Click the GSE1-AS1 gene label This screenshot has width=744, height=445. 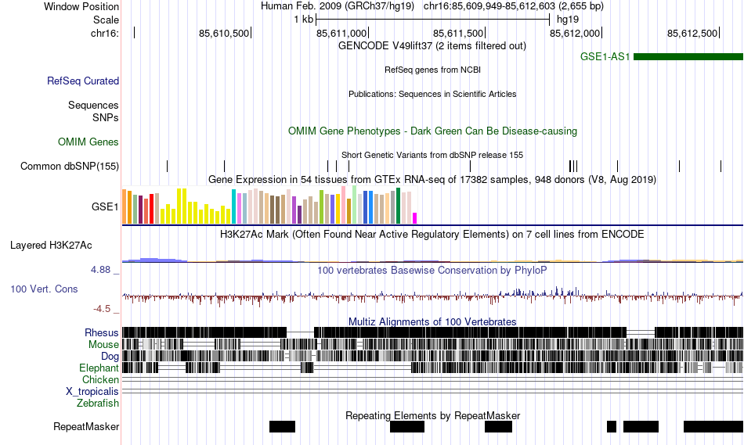click(605, 57)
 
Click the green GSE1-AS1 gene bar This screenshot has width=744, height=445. click(688, 57)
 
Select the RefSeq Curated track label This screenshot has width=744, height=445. click(83, 81)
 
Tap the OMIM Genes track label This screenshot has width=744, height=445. click(88, 142)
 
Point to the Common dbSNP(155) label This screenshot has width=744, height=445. click(70, 166)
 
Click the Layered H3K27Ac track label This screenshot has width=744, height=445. click(51, 245)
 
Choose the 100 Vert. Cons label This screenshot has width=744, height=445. click(44, 289)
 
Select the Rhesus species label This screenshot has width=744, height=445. click(102, 332)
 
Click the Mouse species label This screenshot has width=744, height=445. click(104, 344)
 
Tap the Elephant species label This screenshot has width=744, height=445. click(99, 368)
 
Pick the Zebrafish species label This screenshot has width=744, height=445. click(98, 404)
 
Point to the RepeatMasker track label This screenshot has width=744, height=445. click(86, 427)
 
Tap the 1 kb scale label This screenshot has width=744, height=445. click(303, 19)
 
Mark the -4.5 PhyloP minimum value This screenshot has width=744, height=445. click(106, 309)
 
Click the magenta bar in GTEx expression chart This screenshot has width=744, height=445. click(415, 217)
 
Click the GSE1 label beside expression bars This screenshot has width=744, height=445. click(105, 207)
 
